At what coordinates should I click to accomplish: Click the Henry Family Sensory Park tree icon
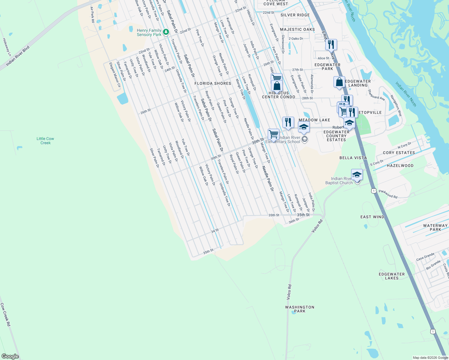[x=166, y=32]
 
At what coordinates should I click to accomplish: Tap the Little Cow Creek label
[x=45, y=141]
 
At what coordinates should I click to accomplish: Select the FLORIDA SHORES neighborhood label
[x=213, y=83]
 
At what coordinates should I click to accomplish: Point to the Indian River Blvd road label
[x=18, y=56]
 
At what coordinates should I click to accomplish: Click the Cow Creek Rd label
[x=5, y=315]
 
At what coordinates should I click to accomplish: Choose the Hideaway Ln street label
[x=7, y=47]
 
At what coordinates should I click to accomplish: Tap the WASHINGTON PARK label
[x=300, y=309]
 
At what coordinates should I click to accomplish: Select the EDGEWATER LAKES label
[x=392, y=276]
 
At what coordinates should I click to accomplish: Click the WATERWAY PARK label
[x=435, y=227]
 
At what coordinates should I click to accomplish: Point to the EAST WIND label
[x=372, y=217]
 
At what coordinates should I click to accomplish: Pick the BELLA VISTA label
[x=353, y=158]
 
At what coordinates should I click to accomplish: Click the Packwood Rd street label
[x=388, y=194]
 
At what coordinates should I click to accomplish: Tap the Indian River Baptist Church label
[x=339, y=181]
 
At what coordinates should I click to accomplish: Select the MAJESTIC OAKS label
[x=297, y=29]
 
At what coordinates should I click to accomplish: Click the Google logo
[x=10, y=356]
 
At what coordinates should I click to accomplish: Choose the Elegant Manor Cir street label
[x=115, y=75]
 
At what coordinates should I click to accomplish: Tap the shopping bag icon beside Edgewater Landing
[x=339, y=82]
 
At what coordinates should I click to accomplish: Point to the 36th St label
[x=294, y=221]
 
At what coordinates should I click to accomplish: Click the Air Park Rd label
[x=92, y=15]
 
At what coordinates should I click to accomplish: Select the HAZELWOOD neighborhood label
[x=400, y=166]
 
